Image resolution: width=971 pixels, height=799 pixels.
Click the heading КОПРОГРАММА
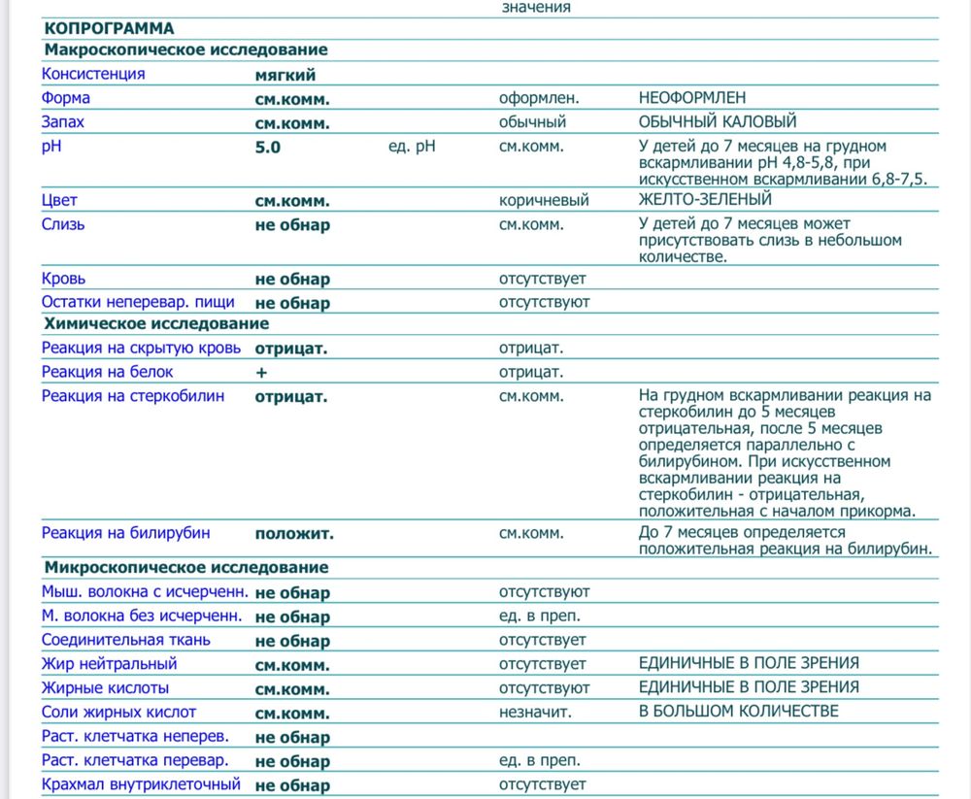click(x=109, y=28)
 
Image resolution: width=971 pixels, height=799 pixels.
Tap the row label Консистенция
click(x=93, y=74)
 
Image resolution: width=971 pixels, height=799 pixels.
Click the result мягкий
click(x=285, y=74)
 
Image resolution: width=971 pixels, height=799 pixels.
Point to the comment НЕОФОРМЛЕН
click(x=692, y=98)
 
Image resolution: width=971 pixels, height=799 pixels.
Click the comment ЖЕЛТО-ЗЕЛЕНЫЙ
click(x=705, y=200)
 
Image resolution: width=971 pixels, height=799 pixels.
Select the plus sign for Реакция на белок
click(x=260, y=372)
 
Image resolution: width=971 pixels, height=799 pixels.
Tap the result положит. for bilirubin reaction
click(x=294, y=533)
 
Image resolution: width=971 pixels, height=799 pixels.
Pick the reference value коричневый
click(x=544, y=201)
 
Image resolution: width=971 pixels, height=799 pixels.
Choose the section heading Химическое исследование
click(x=155, y=324)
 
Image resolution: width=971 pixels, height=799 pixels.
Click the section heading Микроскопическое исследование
click(x=185, y=568)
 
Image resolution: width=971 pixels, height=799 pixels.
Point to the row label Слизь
click(x=63, y=224)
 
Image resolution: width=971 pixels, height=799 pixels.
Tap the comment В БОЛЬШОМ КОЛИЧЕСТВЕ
click(x=738, y=712)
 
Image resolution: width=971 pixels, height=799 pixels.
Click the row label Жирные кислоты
click(x=105, y=687)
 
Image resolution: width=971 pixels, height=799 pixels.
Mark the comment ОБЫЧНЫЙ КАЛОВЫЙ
click(x=718, y=122)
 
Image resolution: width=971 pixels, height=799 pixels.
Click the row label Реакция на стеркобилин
click(x=132, y=396)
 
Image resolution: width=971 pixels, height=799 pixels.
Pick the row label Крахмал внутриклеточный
click(x=141, y=784)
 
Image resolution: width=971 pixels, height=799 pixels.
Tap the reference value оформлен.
click(x=539, y=98)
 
